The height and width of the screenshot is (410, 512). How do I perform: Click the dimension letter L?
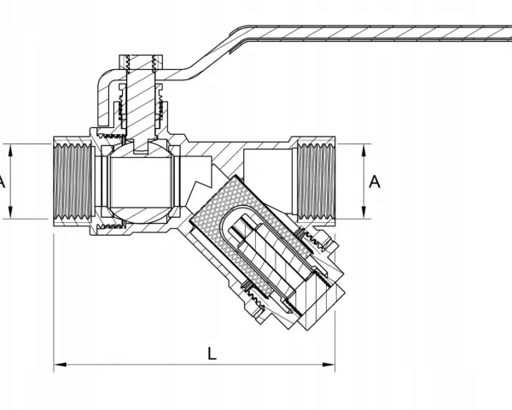click(212, 354)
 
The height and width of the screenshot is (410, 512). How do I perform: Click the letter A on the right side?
click(375, 182)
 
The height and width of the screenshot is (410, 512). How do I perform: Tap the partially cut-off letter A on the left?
click(2, 182)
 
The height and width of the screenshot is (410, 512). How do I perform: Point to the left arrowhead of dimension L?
click(60, 364)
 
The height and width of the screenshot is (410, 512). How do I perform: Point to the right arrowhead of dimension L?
click(329, 364)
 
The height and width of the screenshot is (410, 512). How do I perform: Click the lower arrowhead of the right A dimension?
click(364, 212)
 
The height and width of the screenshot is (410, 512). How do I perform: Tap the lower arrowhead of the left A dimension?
click(10, 212)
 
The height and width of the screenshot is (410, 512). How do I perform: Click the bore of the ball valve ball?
click(141, 182)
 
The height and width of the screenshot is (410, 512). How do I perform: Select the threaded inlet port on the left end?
click(73, 182)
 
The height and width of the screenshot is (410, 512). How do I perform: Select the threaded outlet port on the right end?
click(316, 181)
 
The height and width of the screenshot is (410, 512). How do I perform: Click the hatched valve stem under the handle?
click(141, 108)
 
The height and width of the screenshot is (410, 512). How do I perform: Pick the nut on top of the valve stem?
click(141, 62)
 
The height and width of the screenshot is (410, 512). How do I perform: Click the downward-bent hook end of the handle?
click(105, 98)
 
